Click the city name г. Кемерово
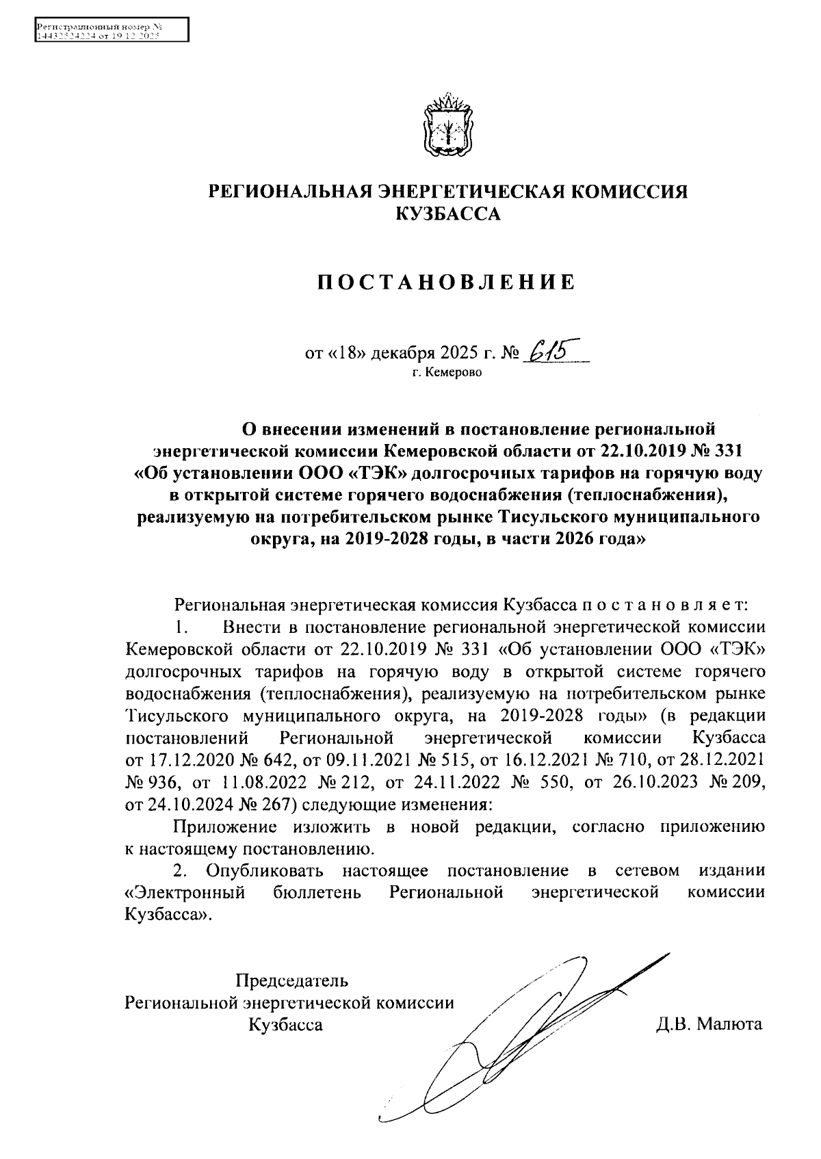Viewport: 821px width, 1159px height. (x=446, y=373)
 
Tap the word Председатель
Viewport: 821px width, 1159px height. (x=291, y=980)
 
